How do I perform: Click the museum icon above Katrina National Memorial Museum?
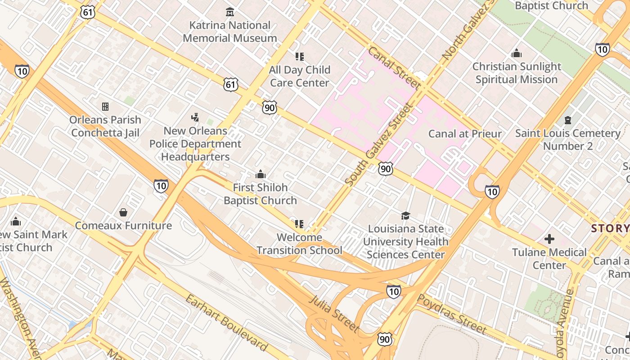[230, 11]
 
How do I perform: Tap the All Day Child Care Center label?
[300, 76]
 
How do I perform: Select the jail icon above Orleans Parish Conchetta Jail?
[105, 107]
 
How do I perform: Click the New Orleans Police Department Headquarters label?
[195, 144]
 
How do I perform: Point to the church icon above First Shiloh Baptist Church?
[260, 174]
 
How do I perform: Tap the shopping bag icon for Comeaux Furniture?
[123, 212]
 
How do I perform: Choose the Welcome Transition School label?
[299, 243]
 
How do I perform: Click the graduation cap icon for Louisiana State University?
[405, 216]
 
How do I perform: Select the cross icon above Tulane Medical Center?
[549, 239]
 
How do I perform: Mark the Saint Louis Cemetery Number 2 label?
[567, 139]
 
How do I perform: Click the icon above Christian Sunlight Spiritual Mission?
[517, 54]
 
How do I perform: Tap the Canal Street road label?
[394, 68]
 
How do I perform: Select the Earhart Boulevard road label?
[226, 323]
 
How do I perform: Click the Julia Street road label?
[334, 314]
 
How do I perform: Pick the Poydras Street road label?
[451, 314]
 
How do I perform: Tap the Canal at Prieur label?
[465, 134]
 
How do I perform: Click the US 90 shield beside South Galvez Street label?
[385, 169]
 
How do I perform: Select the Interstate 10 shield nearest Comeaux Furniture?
[161, 185]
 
